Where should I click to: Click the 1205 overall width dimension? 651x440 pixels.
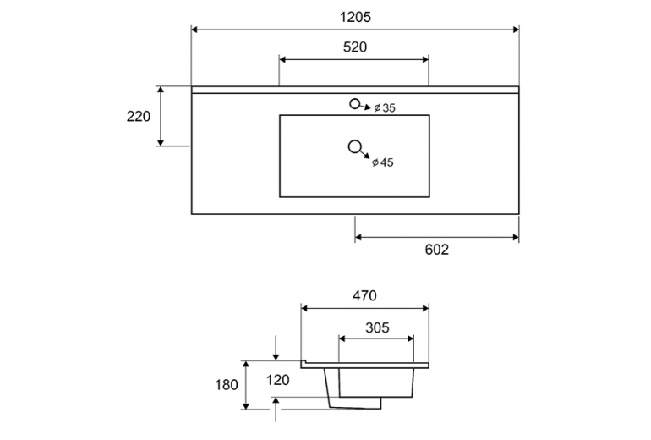coord(355,17)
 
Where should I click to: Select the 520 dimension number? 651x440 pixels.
coord(355,47)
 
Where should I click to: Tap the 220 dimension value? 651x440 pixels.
coord(139,116)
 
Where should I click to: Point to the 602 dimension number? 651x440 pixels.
coord(437,250)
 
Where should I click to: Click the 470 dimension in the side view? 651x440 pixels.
coord(364,295)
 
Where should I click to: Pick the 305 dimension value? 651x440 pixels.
coord(377,327)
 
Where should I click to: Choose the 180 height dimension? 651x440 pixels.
coord(227,385)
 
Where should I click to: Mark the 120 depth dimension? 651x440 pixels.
coord(278,380)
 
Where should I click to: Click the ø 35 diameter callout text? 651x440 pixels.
coord(385,108)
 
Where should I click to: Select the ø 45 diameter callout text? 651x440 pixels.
coord(383,162)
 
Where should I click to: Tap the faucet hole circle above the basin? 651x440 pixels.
coord(354,104)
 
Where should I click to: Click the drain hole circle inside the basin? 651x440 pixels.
coord(354,146)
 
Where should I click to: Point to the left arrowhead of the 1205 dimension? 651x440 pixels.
coord(194,29)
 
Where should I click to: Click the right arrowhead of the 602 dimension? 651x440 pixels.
coord(516,237)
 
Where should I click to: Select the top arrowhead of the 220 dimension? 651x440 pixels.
coord(161,90)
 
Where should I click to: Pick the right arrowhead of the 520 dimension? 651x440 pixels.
coord(425,59)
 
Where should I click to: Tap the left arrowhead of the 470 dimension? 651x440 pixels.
coord(304,308)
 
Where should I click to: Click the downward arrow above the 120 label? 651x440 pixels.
coord(276,348)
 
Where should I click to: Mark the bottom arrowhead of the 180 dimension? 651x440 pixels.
coord(246,406)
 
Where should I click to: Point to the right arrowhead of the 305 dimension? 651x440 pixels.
coord(411,338)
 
